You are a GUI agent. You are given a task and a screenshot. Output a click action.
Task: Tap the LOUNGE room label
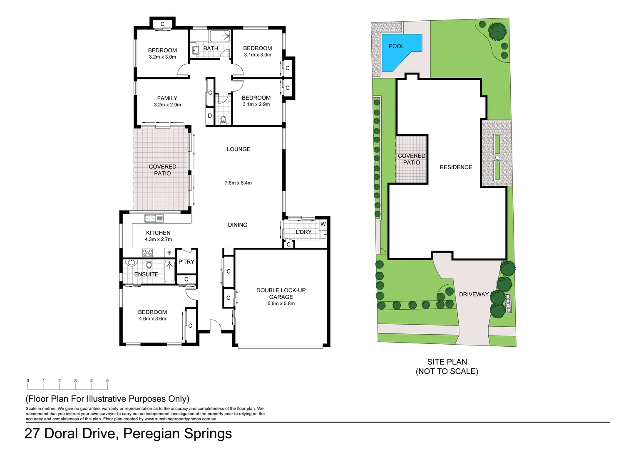click(x=238, y=149)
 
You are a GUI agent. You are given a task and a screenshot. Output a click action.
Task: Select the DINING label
click(x=238, y=225)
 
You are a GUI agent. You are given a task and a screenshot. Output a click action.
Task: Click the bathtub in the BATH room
click(x=219, y=36)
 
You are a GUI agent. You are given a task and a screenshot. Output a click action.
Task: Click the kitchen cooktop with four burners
click(x=147, y=252)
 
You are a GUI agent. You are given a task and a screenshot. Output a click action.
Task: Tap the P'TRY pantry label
click(x=186, y=262)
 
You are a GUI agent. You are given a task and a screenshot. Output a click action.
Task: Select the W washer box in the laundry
click(x=323, y=224)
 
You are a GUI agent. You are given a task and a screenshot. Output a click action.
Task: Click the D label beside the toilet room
click(x=210, y=116)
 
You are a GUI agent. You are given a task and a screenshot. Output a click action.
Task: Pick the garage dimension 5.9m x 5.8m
click(x=281, y=303)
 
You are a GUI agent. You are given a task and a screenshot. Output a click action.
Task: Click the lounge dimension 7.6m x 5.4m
click(x=238, y=183)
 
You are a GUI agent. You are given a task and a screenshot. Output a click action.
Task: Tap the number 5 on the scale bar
click(x=107, y=381)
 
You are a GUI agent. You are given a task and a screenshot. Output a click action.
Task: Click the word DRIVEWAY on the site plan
click(x=474, y=294)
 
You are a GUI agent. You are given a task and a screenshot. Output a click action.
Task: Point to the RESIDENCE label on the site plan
click(x=456, y=168)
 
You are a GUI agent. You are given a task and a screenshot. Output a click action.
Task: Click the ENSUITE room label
click(x=146, y=274)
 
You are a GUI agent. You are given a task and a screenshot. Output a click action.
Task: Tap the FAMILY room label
click(x=167, y=99)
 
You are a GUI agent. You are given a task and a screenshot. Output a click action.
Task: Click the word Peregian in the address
click(x=152, y=434)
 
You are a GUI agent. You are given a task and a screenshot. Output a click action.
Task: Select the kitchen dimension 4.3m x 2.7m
click(x=158, y=239)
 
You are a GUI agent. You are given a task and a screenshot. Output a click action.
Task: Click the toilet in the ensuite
click(x=149, y=264)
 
